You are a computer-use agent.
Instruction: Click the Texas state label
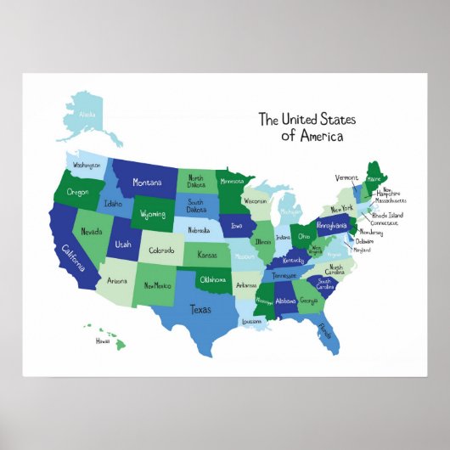pyautogui.click(x=200, y=309)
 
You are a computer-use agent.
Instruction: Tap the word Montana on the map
pyautogui.click(x=146, y=183)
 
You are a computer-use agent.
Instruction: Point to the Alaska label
pyautogui.click(x=87, y=115)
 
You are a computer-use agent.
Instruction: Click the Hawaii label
pyautogui.click(x=103, y=340)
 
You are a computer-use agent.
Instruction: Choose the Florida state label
pyautogui.click(x=323, y=329)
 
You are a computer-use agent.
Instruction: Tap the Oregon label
pyautogui.click(x=78, y=193)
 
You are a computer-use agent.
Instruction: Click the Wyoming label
pyautogui.click(x=153, y=214)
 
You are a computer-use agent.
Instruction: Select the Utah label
pyautogui.click(x=123, y=244)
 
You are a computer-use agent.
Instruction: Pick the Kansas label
pyautogui.click(x=207, y=255)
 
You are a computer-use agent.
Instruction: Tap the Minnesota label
pyautogui.click(x=232, y=181)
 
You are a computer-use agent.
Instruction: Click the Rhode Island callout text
pyautogui.click(x=387, y=215)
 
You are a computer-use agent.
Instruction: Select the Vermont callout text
pyautogui.click(x=346, y=177)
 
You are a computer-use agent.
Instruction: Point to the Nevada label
pyautogui.click(x=92, y=231)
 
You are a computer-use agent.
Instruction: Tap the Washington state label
pyautogui.click(x=87, y=165)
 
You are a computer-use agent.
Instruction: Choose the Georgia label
pyautogui.click(x=308, y=300)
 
